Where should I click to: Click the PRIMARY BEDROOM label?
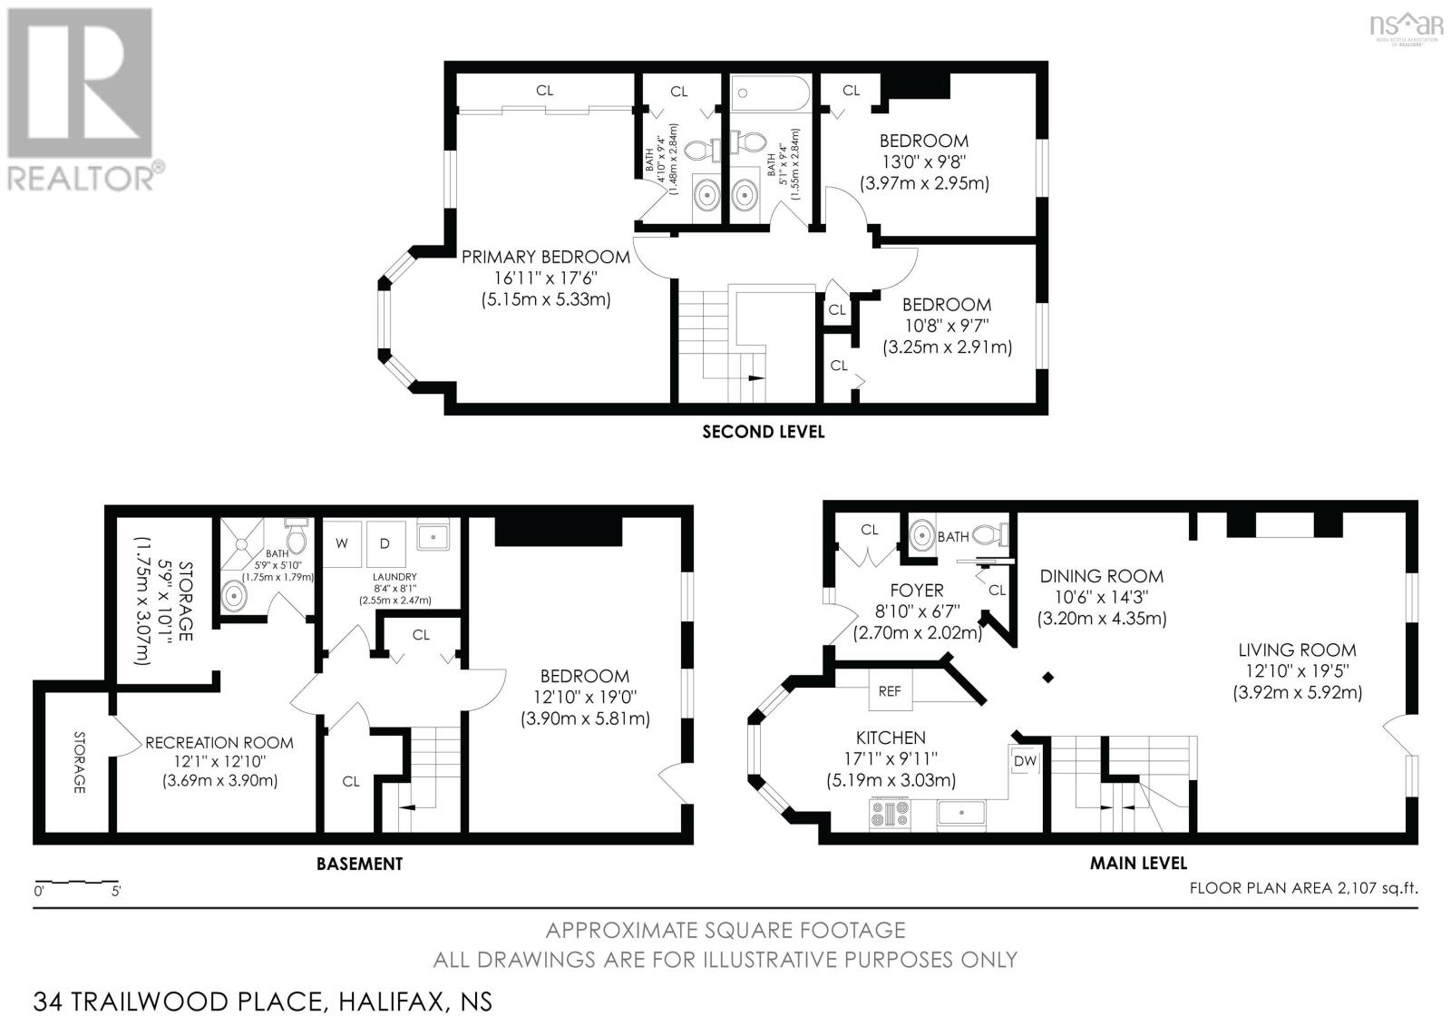click(x=545, y=257)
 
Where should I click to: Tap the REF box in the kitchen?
click(x=890, y=690)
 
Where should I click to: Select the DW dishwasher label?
click(x=1025, y=760)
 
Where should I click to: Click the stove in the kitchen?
click(x=889, y=814)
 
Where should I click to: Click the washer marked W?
click(x=342, y=543)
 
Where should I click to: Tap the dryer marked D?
click(x=385, y=543)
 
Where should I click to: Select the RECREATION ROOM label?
click(x=219, y=742)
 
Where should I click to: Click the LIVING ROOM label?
click(x=1297, y=650)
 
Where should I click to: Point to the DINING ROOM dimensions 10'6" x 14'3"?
click(x=1102, y=597)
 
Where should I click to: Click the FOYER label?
click(x=917, y=590)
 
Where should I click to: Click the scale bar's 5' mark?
click(x=115, y=890)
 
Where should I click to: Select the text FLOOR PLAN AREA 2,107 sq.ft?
click(x=1303, y=888)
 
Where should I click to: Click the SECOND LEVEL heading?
click(x=763, y=432)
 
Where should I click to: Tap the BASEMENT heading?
click(x=359, y=864)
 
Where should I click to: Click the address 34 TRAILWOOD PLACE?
click(x=178, y=1002)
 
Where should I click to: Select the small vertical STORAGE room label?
click(x=79, y=762)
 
